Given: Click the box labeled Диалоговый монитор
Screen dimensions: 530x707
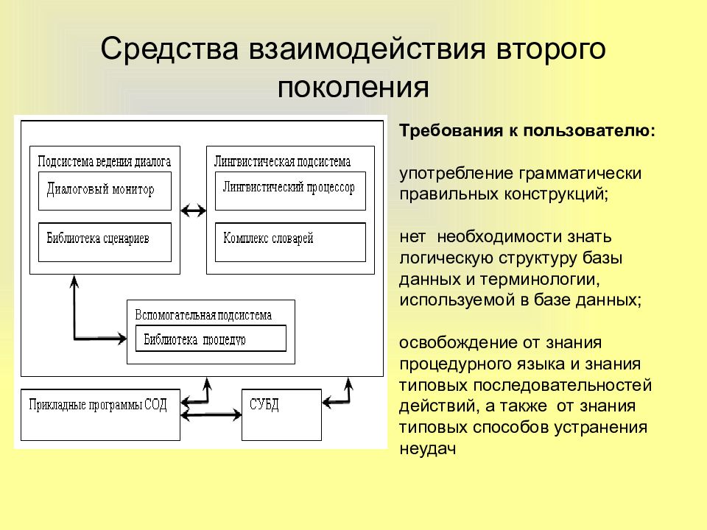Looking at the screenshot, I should tap(104, 190).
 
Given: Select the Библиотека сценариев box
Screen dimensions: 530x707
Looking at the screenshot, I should tap(104, 241).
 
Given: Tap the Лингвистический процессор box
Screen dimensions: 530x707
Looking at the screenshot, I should tap(289, 190).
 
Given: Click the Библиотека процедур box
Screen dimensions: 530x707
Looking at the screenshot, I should tap(211, 339).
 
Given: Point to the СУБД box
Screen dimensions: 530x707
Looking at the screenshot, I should tap(282, 414).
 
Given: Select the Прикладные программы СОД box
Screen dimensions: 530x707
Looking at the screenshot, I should tap(100, 414).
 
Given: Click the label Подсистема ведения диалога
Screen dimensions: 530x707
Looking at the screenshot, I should tap(104, 161).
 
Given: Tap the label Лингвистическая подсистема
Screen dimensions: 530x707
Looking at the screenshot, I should tap(282, 161).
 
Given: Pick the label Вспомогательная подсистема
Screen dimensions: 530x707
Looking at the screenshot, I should tap(203, 314).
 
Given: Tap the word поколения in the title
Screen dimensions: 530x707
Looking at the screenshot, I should tap(353, 87).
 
